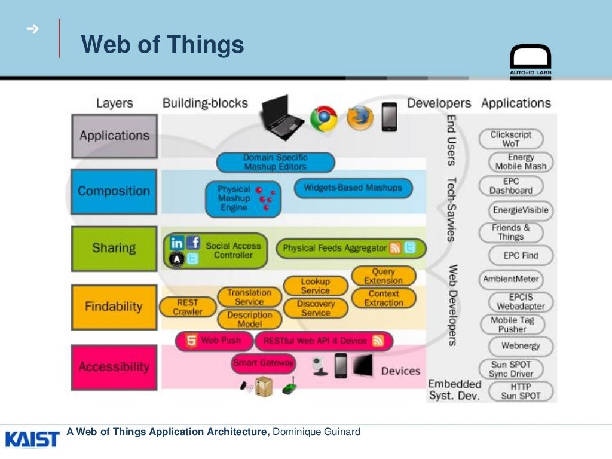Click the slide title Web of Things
163,45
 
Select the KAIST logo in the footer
32,439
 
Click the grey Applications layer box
114,136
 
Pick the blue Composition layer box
114,191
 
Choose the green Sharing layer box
114,248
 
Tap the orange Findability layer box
114,307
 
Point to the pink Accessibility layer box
114,367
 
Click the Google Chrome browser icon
323,118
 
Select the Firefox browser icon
360,118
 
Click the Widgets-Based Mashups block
353,188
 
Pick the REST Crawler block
188,307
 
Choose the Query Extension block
383,276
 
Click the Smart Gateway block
264,363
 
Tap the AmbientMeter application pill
511,279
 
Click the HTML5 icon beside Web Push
191,341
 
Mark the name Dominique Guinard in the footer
317,432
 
